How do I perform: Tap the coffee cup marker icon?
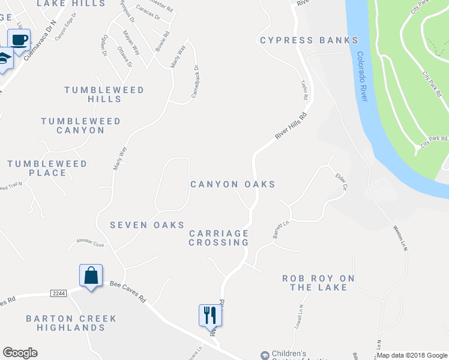pos(19,40)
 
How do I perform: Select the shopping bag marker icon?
pos(91,276)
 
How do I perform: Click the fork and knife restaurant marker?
pos(210,315)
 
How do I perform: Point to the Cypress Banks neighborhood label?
pos(309,40)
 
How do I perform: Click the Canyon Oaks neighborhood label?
pos(233,184)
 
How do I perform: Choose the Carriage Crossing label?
pos(218,238)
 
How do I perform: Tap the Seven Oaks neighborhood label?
pos(147,225)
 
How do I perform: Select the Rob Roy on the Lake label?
pos(318,283)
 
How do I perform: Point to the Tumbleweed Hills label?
pos(104,94)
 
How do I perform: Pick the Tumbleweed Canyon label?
pos(80,125)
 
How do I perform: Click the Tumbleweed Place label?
pos(47,168)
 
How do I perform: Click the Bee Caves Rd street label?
pos(128,290)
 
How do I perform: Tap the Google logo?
pos(20,353)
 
